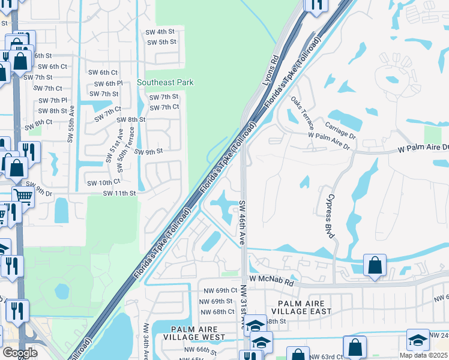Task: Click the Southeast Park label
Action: (165, 82)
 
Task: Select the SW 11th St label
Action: (120, 193)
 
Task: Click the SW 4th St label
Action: (160, 31)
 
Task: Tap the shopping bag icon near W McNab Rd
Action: (375, 265)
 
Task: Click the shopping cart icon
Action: (23, 195)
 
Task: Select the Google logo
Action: (20, 353)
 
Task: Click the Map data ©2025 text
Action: (423, 355)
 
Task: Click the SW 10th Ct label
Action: (104, 182)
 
